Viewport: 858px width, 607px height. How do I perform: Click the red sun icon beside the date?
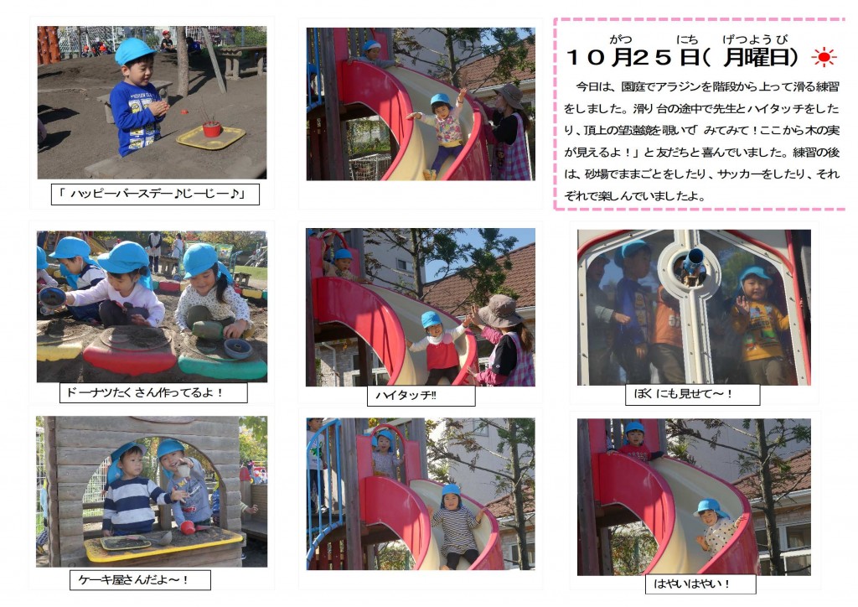(x=824, y=58)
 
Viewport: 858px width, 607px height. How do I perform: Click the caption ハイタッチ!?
(x=406, y=395)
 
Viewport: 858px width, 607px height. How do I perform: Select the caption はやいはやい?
(x=691, y=584)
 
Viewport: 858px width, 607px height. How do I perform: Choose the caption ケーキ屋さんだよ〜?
(x=133, y=579)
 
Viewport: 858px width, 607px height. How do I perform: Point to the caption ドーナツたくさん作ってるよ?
(x=144, y=392)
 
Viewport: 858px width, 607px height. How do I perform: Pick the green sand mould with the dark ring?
(x=223, y=361)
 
